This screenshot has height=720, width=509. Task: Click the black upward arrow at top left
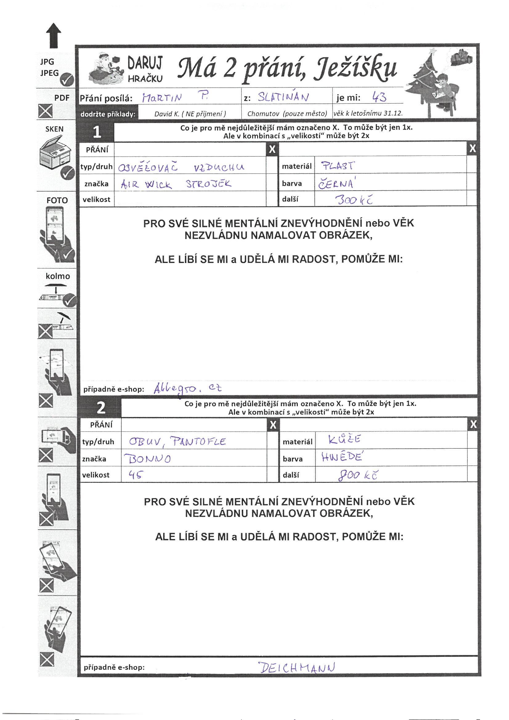tap(54, 35)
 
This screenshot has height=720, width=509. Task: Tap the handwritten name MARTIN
tap(162, 98)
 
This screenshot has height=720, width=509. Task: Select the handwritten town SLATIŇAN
tap(283, 97)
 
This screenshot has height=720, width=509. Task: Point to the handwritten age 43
tap(379, 98)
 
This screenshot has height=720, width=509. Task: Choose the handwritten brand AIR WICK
tap(147, 184)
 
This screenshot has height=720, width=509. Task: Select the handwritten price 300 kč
tap(354, 200)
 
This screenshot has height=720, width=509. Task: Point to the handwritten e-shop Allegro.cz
tap(188, 389)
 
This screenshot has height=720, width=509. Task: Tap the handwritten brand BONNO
tap(148, 459)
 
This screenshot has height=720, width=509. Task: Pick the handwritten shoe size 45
tap(136, 475)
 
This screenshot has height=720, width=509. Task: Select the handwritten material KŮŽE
tap(344, 439)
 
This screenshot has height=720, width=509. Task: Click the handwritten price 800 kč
tap(357, 476)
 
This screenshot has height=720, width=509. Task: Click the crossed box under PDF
tap(46, 111)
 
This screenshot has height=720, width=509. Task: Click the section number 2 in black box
tap(101, 408)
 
